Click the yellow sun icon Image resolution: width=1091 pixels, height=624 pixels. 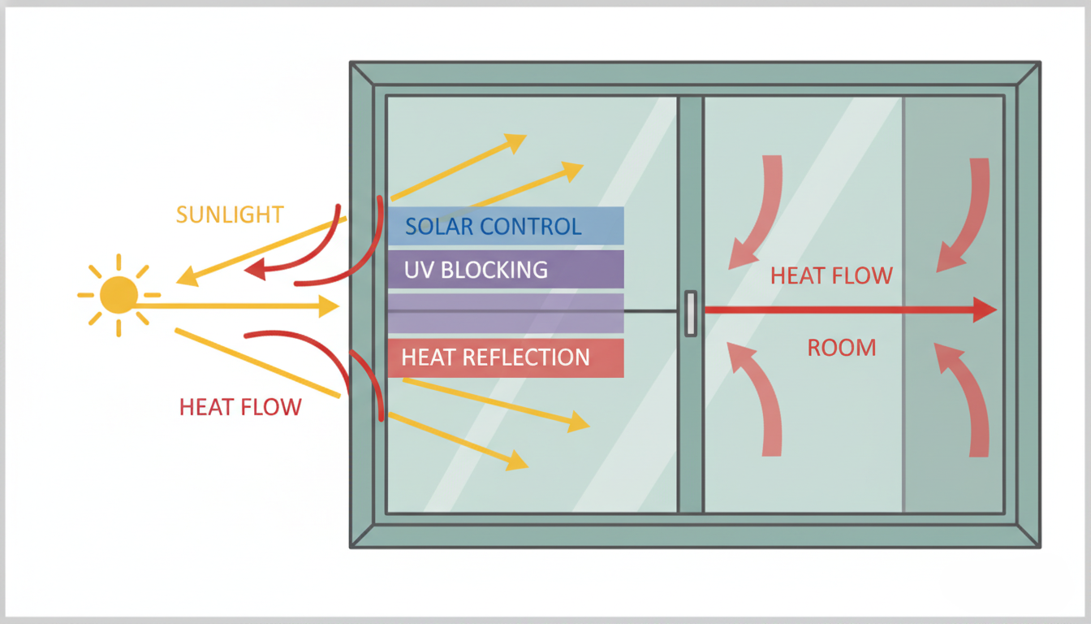click(119, 295)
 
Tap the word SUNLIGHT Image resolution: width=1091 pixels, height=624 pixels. click(230, 215)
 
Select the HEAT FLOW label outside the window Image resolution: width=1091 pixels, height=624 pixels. click(240, 407)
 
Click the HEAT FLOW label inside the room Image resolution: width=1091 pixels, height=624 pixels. click(831, 276)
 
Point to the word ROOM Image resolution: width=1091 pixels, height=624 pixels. click(842, 349)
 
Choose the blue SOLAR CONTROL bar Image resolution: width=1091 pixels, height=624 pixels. click(505, 226)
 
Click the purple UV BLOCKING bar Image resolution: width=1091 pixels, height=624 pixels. click(505, 269)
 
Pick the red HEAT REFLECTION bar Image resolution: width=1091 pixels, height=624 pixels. click(505, 357)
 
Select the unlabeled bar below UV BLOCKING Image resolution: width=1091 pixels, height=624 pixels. click(505, 314)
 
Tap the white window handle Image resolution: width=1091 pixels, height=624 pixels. click(690, 313)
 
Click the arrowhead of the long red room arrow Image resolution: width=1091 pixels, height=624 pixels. click(985, 310)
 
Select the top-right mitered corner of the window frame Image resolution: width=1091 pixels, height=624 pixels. click(1028, 74)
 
